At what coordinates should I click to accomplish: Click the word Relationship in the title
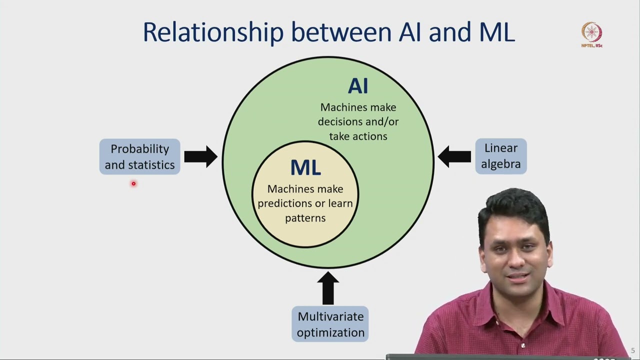click(213, 32)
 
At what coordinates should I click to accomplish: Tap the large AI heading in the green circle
click(358, 86)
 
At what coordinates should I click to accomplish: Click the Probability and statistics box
click(139, 156)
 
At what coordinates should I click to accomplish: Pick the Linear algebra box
click(500, 156)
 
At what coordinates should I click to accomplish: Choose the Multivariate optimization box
click(330, 324)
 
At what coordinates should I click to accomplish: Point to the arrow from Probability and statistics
click(200, 157)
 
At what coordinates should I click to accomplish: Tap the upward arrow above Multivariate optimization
click(328, 288)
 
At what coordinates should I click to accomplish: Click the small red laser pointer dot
click(133, 184)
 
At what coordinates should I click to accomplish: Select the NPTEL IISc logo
click(592, 34)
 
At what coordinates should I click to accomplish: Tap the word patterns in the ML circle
click(305, 218)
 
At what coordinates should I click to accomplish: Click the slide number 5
click(632, 350)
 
